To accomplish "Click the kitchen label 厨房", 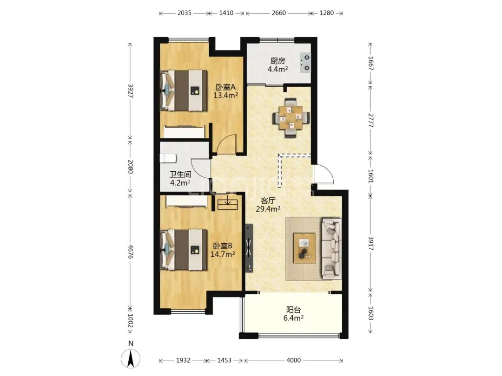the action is [x=277, y=61].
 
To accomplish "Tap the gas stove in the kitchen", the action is [x=305, y=62].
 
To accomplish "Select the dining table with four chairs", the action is [x=291, y=118].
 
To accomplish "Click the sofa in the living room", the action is [x=332, y=247].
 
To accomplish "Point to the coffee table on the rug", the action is [x=304, y=248].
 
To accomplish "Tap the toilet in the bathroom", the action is [x=168, y=158].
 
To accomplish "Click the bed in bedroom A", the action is [x=184, y=91].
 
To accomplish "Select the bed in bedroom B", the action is [x=184, y=250].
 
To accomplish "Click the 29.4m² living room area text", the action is [x=268, y=209].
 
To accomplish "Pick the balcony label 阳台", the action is [x=294, y=310].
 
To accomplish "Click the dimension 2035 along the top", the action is [x=184, y=13].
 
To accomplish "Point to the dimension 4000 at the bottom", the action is [x=293, y=361].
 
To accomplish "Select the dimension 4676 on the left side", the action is [x=130, y=252].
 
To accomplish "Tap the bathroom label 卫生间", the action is [x=180, y=175].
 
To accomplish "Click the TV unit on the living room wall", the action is [x=249, y=248].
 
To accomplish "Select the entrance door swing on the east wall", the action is [x=324, y=174].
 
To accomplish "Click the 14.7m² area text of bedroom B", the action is [x=223, y=254].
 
